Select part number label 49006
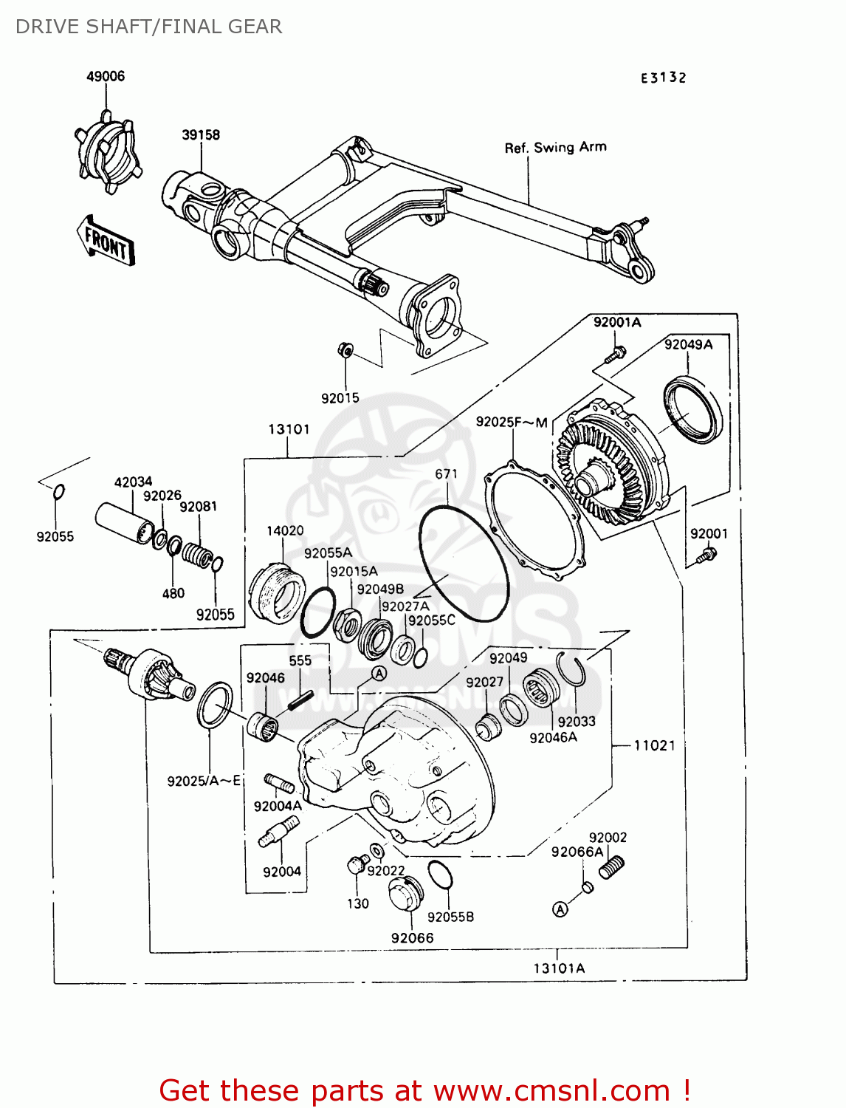pos(106,76)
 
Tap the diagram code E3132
pos(663,78)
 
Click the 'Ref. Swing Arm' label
pos(555,147)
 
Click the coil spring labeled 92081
pos(197,555)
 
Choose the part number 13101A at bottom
pos(559,968)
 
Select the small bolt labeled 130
pos(357,865)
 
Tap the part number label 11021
pos(654,745)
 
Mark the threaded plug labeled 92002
pos(612,866)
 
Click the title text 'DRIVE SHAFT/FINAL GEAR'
pos(148,27)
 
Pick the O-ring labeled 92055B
pos(440,875)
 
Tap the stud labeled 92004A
pos(279,783)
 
